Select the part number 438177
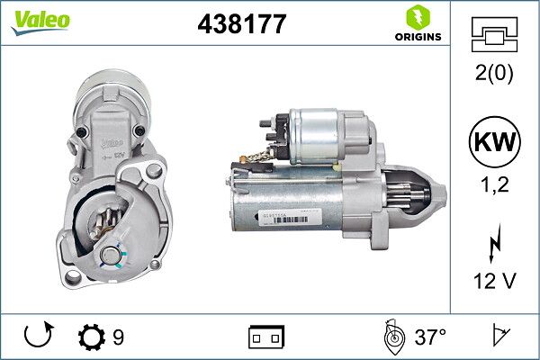[241, 24]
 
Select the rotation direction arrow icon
[36, 337]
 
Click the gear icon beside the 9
[92, 337]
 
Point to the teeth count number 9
[118, 337]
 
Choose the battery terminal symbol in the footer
[266, 337]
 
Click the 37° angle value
[430, 337]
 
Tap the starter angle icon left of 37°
[393, 337]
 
